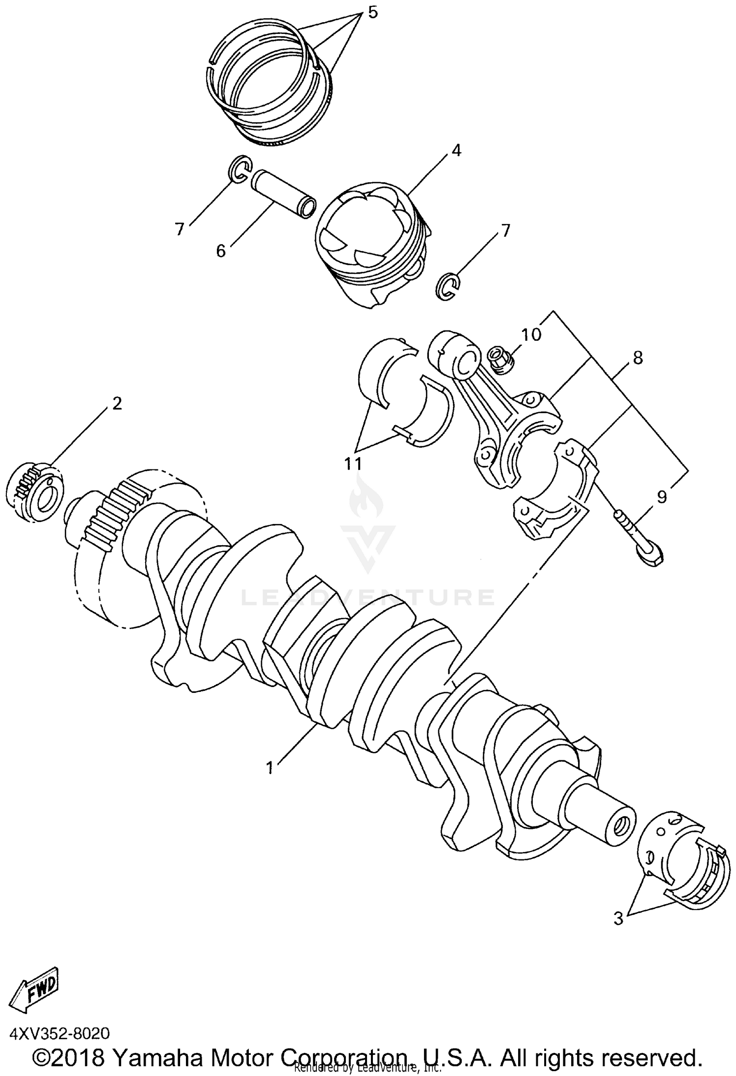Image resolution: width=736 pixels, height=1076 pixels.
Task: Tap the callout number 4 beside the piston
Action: click(456, 151)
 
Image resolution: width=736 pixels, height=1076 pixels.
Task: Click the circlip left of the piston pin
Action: click(240, 171)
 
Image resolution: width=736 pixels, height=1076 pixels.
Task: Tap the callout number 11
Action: click(353, 463)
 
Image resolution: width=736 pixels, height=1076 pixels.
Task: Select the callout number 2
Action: click(116, 404)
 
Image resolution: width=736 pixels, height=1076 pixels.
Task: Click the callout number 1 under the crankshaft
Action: click(269, 767)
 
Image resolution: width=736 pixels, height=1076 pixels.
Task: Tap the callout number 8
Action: click(637, 358)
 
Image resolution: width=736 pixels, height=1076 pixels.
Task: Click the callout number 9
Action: click(661, 497)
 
